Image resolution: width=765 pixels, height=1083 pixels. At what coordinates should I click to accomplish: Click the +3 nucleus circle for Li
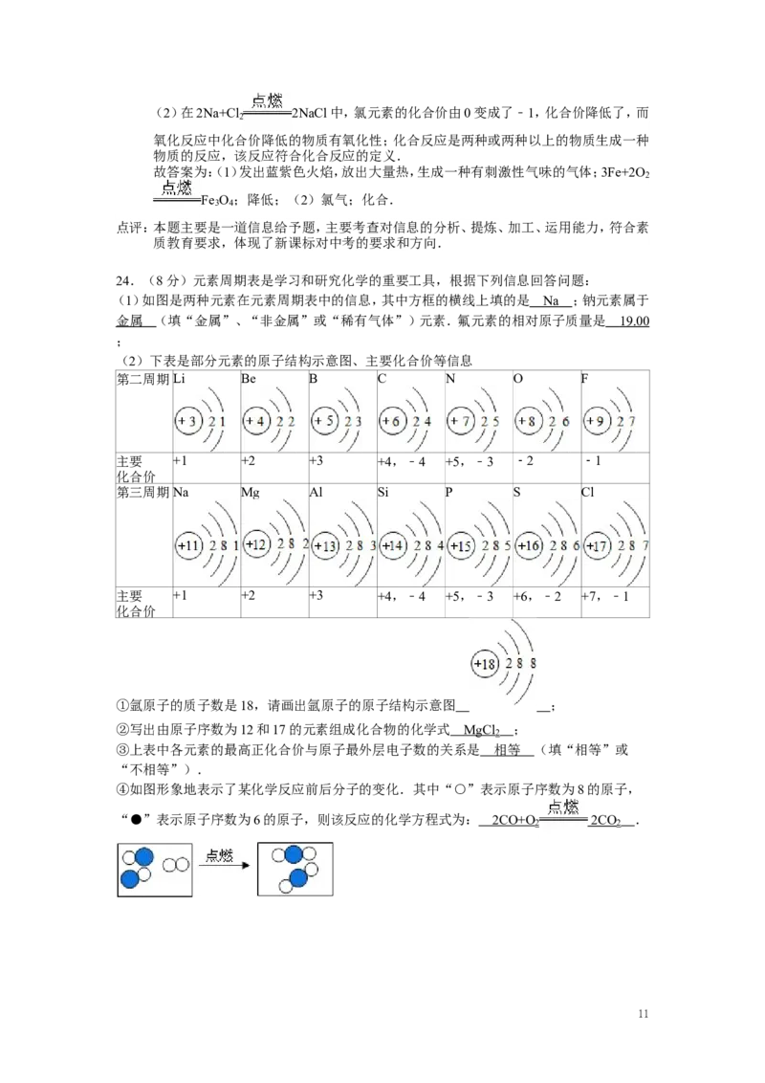(x=187, y=421)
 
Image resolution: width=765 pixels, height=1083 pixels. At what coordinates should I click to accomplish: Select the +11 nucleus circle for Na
(x=188, y=545)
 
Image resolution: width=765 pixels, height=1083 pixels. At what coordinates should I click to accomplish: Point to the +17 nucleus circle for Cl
(x=598, y=545)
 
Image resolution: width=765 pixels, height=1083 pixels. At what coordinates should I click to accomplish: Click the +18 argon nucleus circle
(x=486, y=664)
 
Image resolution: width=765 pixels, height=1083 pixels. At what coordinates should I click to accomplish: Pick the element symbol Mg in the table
(x=250, y=493)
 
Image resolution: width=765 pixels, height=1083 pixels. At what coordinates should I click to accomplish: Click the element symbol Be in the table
(x=248, y=379)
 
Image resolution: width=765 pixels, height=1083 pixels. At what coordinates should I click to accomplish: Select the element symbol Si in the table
(x=383, y=493)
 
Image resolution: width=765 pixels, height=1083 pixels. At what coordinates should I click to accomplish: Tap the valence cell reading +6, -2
(x=537, y=595)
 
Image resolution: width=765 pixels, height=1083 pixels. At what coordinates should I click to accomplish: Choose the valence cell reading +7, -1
(x=605, y=595)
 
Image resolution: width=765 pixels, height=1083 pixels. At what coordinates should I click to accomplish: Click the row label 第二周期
(x=142, y=379)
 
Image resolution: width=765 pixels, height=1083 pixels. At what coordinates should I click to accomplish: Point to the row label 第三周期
(x=142, y=493)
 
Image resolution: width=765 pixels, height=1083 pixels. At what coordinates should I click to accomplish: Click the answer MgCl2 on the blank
(x=482, y=731)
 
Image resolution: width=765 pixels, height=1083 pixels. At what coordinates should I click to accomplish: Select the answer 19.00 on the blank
(x=635, y=320)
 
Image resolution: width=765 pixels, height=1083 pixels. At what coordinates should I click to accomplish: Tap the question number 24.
(x=124, y=280)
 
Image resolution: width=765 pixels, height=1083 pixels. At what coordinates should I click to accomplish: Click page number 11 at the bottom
(x=644, y=1014)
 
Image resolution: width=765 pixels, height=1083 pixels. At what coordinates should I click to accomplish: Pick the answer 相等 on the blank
(x=508, y=750)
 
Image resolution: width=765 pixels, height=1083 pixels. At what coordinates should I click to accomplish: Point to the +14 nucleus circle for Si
(x=393, y=545)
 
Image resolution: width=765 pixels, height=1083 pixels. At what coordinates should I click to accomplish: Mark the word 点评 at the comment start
(x=130, y=228)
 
